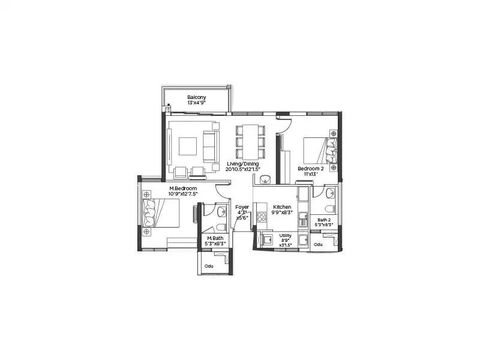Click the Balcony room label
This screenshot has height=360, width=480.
(x=196, y=97)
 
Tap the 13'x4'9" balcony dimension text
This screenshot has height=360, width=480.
(x=196, y=103)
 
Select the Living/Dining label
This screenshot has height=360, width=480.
(x=243, y=164)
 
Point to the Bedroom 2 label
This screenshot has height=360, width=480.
(x=311, y=169)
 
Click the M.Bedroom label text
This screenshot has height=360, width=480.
(x=183, y=188)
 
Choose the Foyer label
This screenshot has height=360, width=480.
(x=242, y=207)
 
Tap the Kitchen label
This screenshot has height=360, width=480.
(x=282, y=207)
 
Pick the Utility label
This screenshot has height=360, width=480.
(x=286, y=236)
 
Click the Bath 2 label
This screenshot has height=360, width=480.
(x=324, y=220)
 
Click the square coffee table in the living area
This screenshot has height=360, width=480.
(x=187, y=146)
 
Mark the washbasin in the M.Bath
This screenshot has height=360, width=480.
(x=221, y=211)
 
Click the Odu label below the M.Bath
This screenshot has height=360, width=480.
(x=209, y=266)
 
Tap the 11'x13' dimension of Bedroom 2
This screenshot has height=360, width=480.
(x=311, y=175)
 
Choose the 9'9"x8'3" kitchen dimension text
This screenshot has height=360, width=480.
(x=282, y=213)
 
